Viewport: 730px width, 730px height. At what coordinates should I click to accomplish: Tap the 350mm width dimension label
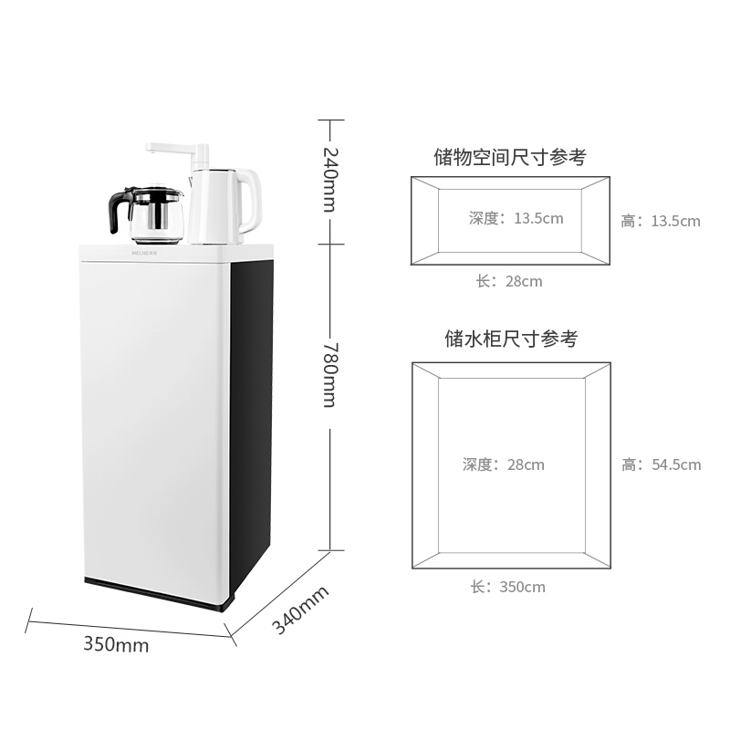coord(116,644)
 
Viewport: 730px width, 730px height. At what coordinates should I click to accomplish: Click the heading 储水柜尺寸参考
coord(511,339)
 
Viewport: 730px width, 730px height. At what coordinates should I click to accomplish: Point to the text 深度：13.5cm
coord(516,218)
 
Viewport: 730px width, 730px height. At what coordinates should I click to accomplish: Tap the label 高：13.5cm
coord(661,221)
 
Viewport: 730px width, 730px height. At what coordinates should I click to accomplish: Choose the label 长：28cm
coord(509,281)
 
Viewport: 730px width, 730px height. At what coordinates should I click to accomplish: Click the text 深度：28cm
coord(503,464)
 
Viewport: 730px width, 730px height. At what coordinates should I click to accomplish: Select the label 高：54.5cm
coord(662,464)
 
